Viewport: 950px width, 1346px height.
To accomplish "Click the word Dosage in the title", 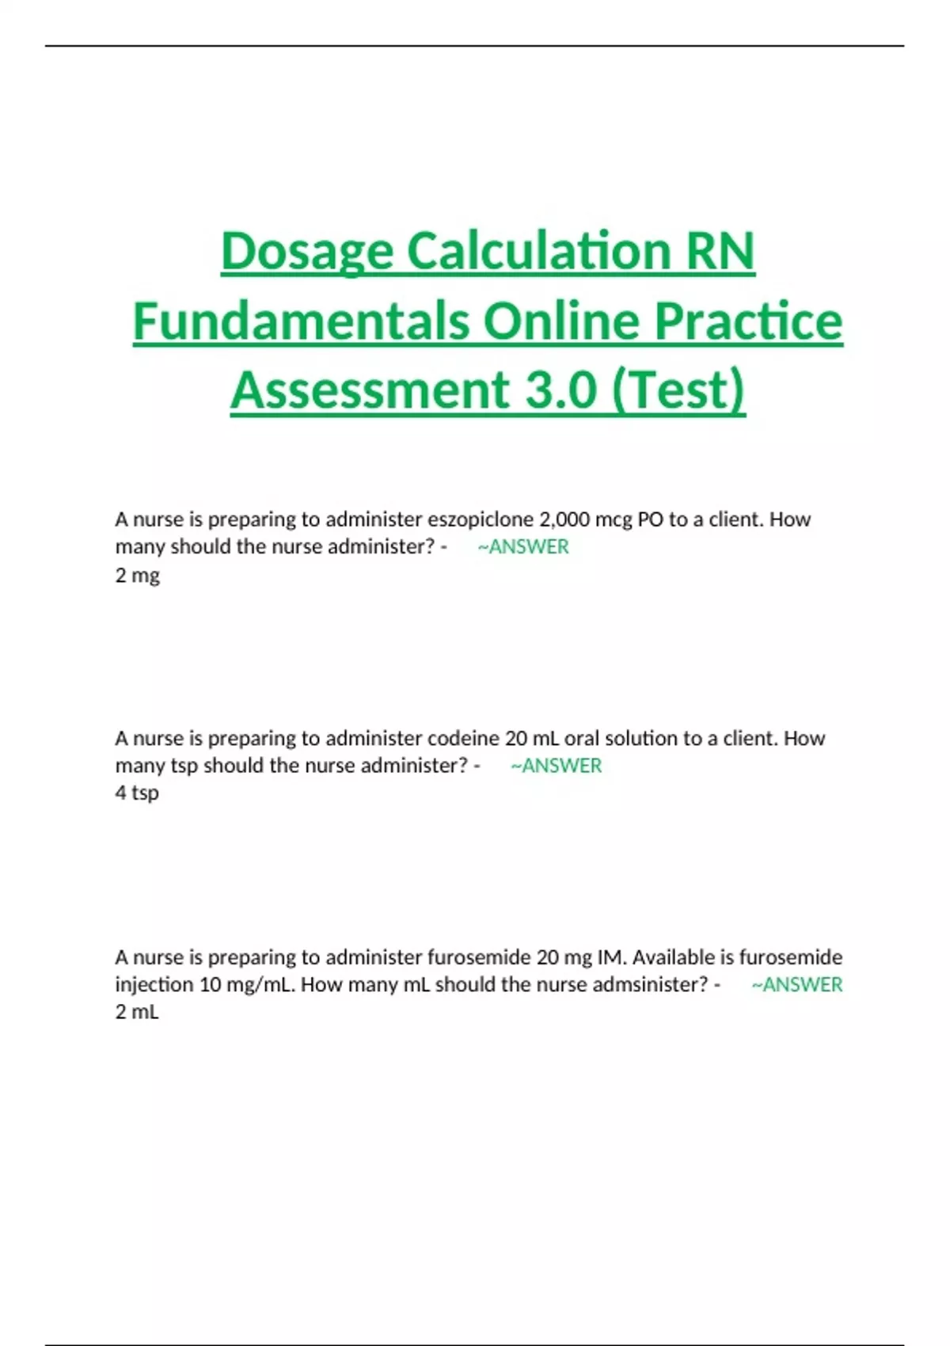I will pyautogui.click(x=306, y=252).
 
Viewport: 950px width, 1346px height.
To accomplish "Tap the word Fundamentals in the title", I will pyautogui.click(x=301, y=321).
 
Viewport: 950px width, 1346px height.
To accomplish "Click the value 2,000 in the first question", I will pyautogui.click(x=564, y=519).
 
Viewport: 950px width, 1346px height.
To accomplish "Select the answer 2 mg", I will pyautogui.click(x=137, y=575).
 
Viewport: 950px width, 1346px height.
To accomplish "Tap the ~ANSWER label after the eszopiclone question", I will pyautogui.click(x=523, y=547).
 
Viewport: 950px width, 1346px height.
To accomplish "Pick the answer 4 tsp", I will pyautogui.click(x=137, y=793).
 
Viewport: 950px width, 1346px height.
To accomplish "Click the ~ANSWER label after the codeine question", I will pyautogui.click(x=556, y=766).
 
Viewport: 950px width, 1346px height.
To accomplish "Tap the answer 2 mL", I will pyautogui.click(x=137, y=1012).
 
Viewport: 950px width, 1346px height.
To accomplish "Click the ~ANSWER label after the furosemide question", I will pyautogui.click(x=796, y=985).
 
